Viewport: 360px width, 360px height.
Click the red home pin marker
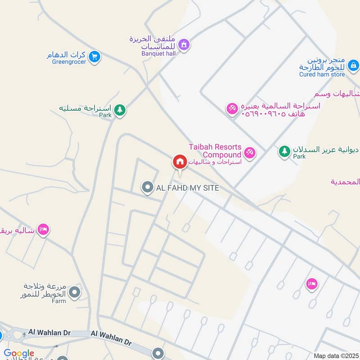point(180,162)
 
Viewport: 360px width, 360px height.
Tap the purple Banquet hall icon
point(184,45)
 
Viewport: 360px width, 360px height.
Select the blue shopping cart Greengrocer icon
point(94,56)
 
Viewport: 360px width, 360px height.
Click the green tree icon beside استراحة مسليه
point(119,109)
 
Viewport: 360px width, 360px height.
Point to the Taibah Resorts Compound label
point(215,151)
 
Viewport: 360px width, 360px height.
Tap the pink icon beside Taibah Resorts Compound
point(250,153)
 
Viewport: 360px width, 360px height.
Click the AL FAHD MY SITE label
point(188,188)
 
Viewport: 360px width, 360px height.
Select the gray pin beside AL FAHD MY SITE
point(147,188)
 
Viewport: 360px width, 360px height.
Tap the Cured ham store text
point(322,75)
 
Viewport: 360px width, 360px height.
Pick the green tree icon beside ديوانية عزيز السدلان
point(284,151)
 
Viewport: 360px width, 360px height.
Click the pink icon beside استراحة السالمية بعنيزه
point(232,109)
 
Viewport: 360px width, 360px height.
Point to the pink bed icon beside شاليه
point(43,229)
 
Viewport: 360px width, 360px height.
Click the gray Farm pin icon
point(75,293)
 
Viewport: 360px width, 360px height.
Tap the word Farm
point(58,301)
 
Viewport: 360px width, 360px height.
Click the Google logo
point(19,354)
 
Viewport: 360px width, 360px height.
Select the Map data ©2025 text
point(335,355)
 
